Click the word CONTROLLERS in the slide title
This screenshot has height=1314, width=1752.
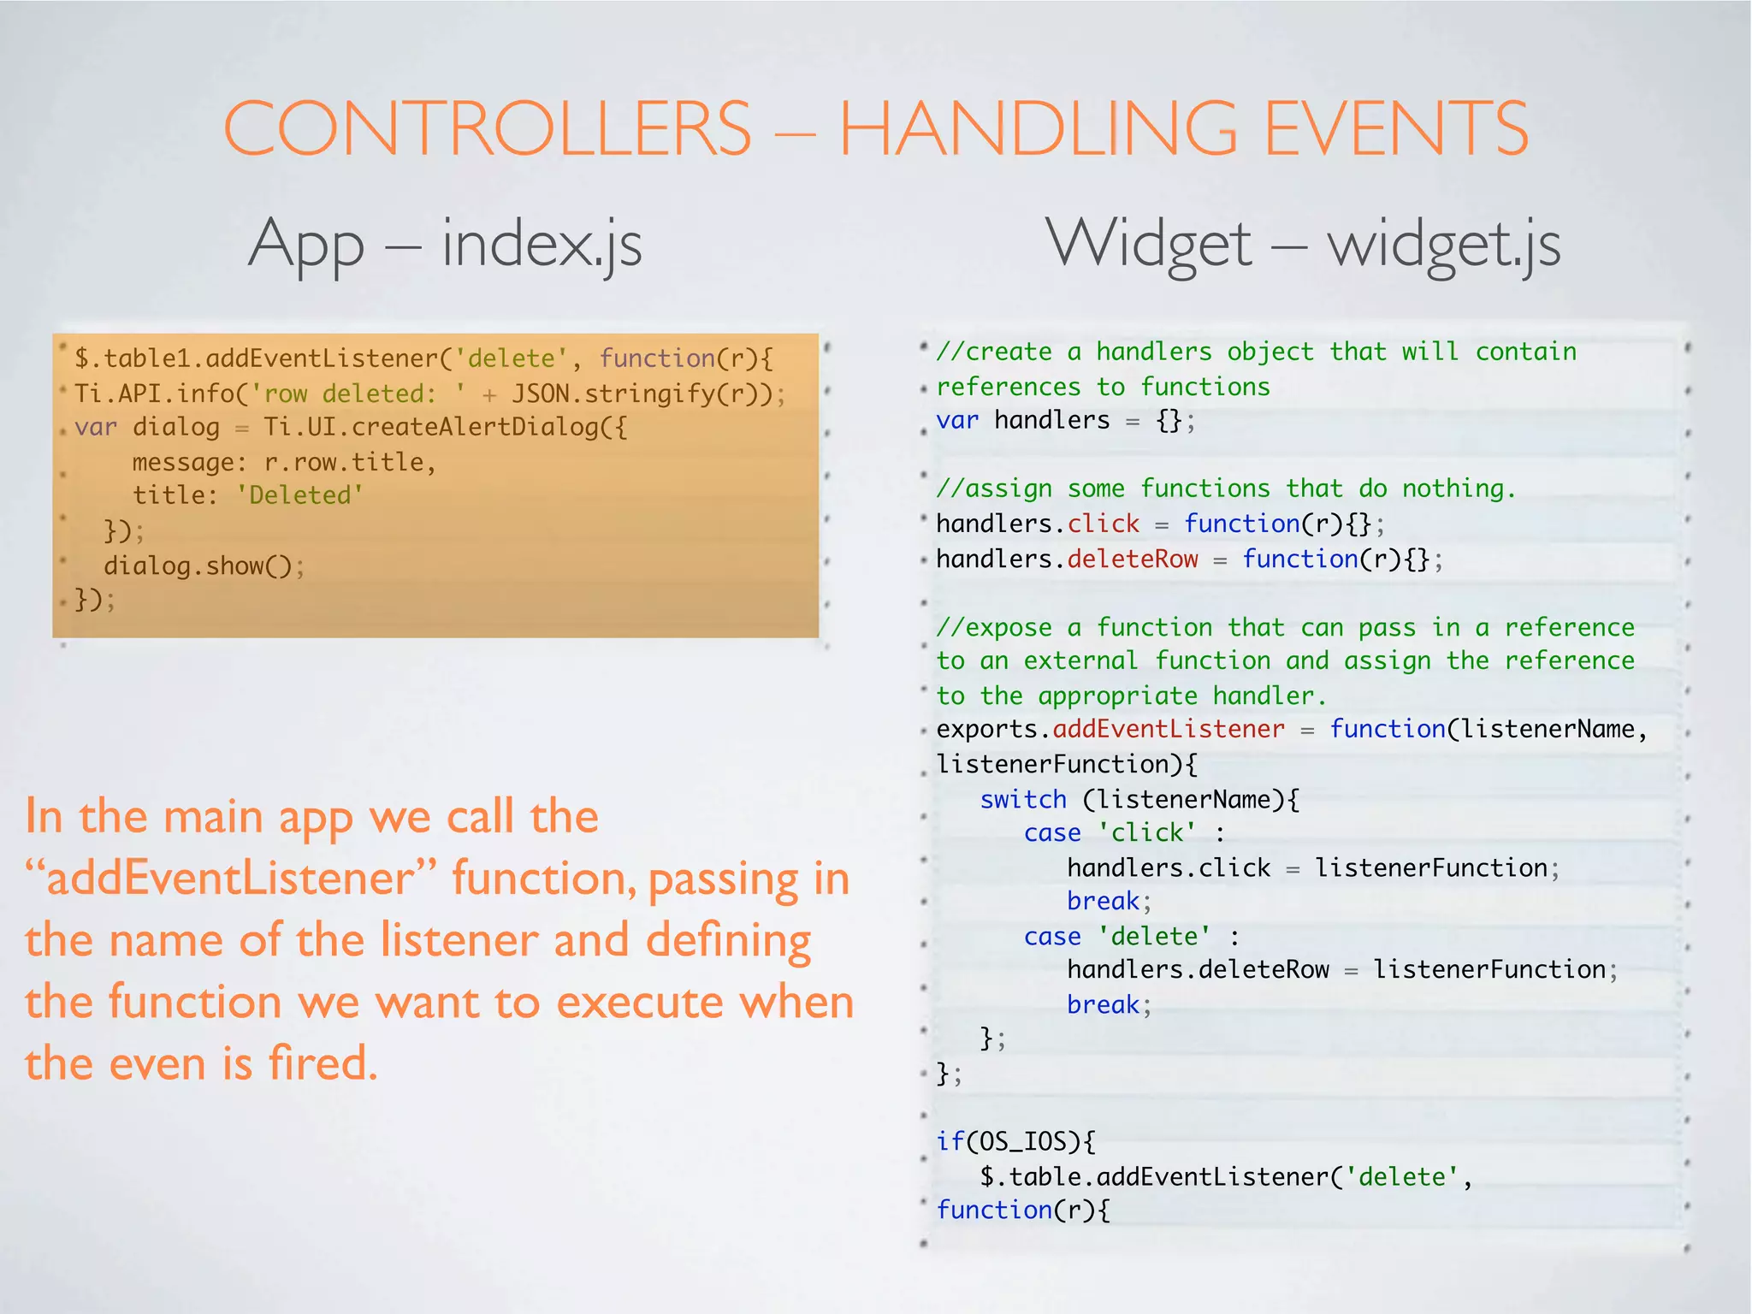point(487,128)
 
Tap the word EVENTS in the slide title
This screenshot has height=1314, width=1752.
point(1396,128)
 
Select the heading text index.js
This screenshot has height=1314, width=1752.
point(541,245)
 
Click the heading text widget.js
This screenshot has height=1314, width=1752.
point(1444,245)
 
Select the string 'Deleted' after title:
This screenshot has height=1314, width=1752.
point(300,495)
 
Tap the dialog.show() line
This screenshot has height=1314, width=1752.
point(204,565)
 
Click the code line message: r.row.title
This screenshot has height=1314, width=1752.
point(284,462)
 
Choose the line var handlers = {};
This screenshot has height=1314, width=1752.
point(1065,420)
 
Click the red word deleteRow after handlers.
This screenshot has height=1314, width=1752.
point(1133,559)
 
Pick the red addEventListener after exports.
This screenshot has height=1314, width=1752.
point(1169,729)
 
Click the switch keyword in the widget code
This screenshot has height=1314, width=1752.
point(1023,799)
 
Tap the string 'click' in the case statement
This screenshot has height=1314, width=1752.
point(1147,832)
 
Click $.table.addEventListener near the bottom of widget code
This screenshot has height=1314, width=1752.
point(1155,1176)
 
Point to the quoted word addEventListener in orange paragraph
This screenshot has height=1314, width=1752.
point(230,879)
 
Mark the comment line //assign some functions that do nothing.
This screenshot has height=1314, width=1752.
point(1225,488)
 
